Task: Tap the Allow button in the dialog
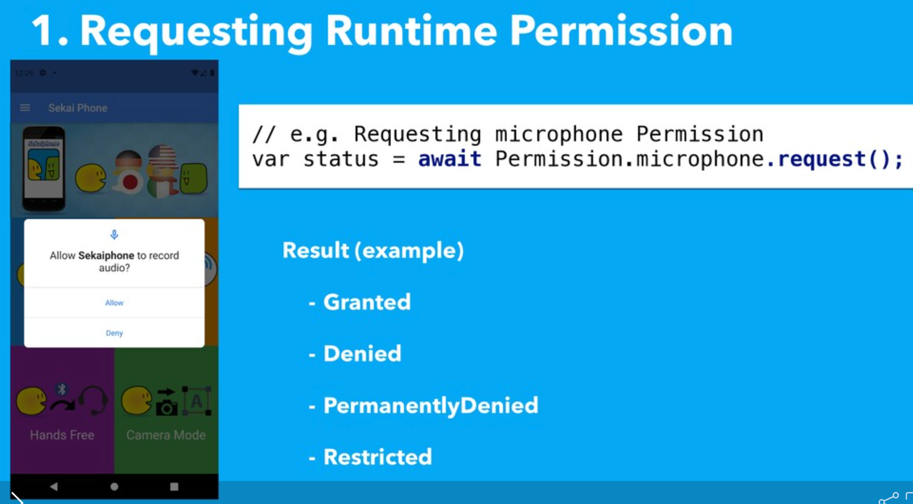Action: pos(114,303)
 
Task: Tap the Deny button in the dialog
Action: pos(114,333)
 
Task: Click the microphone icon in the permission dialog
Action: pos(114,234)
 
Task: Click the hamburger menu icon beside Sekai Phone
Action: pos(25,108)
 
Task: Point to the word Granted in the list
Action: pos(367,302)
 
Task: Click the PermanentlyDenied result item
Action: pos(431,405)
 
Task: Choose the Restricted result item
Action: pos(377,457)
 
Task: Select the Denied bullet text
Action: pos(362,354)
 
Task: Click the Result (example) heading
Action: pos(373,250)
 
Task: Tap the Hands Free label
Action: pos(62,435)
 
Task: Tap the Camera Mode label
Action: pos(166,435)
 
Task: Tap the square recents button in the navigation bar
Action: pos(174,487)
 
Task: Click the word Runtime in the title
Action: pos(411,31)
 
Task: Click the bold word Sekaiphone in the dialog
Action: pos(106,255)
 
